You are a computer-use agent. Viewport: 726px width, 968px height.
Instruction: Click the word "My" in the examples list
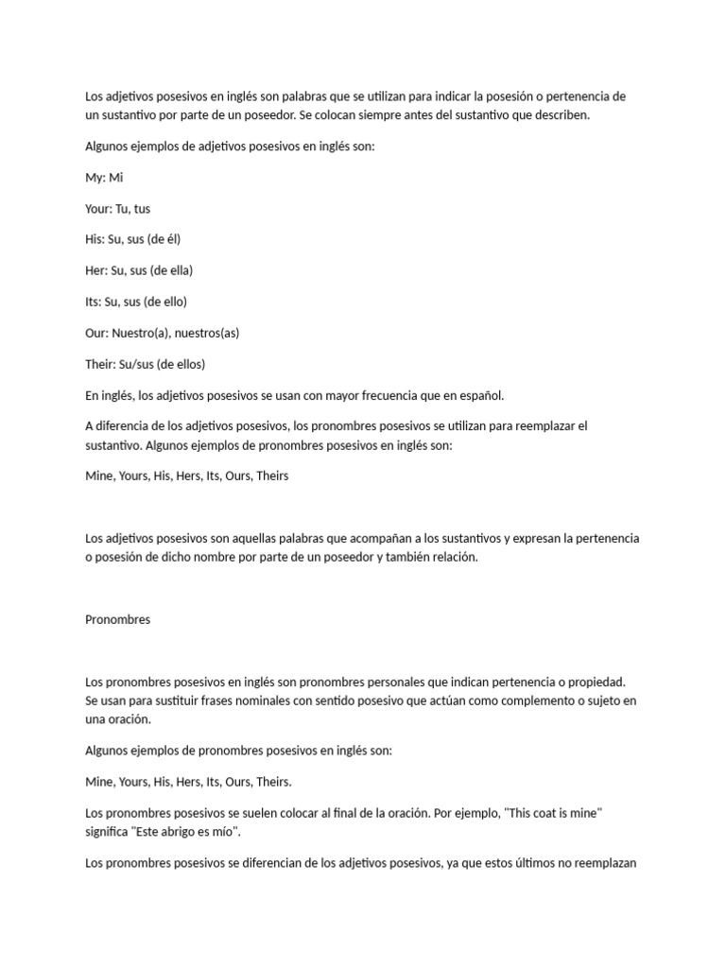pos(95,178)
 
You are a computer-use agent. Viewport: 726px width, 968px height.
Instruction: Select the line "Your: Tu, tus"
pos(117,209)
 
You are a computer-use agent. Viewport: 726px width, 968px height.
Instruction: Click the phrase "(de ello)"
pos(167,302)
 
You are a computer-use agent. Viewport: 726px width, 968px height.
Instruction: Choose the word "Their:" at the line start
pos(102,364)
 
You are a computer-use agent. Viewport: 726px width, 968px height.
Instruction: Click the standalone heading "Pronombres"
pos(117,620)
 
